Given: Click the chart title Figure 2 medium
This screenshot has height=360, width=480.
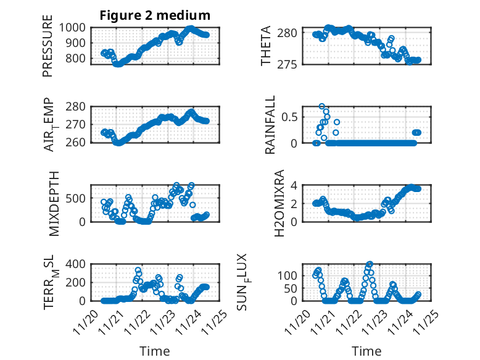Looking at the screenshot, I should (155, 15).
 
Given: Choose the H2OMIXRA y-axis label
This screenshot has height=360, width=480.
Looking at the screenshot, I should (278, 203).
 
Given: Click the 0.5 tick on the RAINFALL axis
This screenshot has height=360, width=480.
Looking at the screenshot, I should (292, 117).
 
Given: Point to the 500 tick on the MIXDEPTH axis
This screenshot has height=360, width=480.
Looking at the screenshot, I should (78, 198).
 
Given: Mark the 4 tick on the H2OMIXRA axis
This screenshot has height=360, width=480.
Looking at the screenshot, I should (296, 185).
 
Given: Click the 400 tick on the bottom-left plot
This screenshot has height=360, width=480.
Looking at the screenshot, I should (78, 264).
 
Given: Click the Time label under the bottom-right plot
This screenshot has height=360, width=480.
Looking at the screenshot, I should (366, 351).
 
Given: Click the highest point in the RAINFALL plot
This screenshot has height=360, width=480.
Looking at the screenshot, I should (322, 106).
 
